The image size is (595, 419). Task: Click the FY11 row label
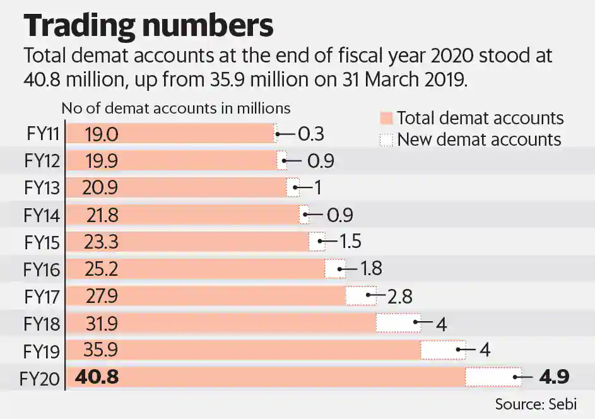[x=43, y=134]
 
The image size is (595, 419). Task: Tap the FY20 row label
[x=40, y=379]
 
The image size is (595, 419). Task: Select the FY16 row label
[x=42, y=269]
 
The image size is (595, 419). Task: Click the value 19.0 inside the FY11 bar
[x=102, y=134]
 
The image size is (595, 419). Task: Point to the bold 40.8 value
[x=97, y=377]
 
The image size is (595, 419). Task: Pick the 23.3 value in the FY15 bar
[x=101, y=242]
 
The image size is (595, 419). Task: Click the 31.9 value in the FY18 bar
[x=101, y=324]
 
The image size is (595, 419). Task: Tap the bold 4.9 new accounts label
[x=554, y=377]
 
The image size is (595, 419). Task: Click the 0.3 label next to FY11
[x=311, y=134]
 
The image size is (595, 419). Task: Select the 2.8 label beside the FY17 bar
[x=399, y=297]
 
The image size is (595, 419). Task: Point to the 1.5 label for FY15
[x=350, y=242]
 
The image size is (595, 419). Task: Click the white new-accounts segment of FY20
[x=493, y=377]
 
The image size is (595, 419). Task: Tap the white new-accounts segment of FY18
[x=398, y=322]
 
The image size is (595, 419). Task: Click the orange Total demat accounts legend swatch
[x=386, y=118]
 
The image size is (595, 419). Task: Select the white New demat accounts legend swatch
[x=386, y=139]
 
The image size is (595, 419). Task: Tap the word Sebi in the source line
[x=563, y=404]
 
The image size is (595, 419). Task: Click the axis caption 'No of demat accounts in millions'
[x=175, y=109]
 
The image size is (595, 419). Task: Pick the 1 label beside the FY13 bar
[x=317, y=187]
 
